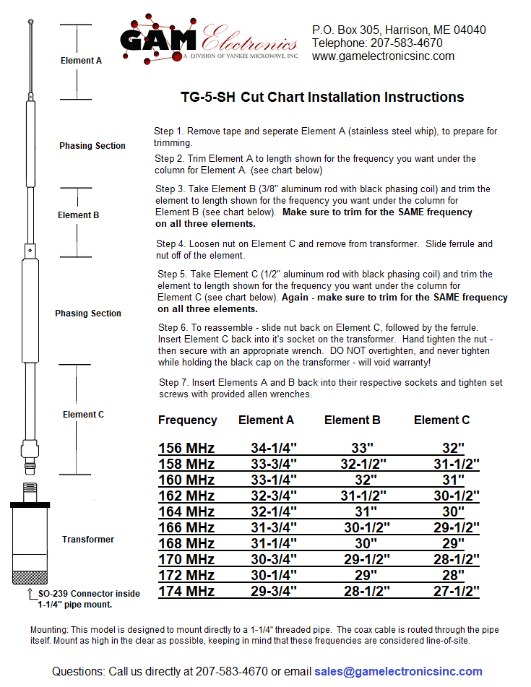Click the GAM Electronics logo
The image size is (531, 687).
[209, 39]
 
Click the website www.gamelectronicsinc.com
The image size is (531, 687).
[383, 56]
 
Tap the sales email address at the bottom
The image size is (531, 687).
[398, 671]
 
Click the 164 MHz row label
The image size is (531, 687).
[186, 511]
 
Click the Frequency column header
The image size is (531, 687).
[188, 420]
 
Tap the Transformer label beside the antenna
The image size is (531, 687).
[88, 539]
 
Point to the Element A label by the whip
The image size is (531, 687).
[81, 61]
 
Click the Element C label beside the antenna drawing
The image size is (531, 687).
[83, 415]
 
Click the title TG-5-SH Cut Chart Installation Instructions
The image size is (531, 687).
[321, 97]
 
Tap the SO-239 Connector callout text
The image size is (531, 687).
[89, 598]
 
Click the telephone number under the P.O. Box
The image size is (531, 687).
[377, 43]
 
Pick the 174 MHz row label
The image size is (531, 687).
[186, 591]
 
